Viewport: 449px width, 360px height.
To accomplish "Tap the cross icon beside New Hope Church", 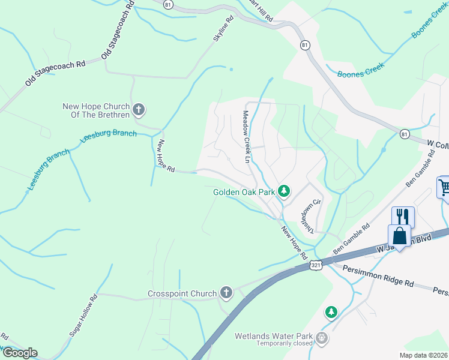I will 139,109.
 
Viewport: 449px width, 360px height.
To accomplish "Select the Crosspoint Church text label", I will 182,293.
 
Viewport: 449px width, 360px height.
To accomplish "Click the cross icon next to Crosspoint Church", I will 226,293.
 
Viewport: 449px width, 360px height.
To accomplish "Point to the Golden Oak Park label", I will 244,193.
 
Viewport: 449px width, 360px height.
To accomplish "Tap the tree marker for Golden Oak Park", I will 285,192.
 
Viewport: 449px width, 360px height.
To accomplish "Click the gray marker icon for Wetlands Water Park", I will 322,338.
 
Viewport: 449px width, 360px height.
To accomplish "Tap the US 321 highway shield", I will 316,264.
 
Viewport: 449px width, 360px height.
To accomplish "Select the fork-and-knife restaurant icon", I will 402,217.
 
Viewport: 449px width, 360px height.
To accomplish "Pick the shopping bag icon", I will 399,235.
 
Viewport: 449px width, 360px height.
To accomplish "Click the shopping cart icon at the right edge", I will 444,187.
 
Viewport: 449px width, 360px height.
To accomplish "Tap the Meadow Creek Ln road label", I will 246,137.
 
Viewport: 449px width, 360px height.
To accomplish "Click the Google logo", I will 19,353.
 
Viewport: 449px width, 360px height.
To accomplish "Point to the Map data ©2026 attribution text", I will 423,355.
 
